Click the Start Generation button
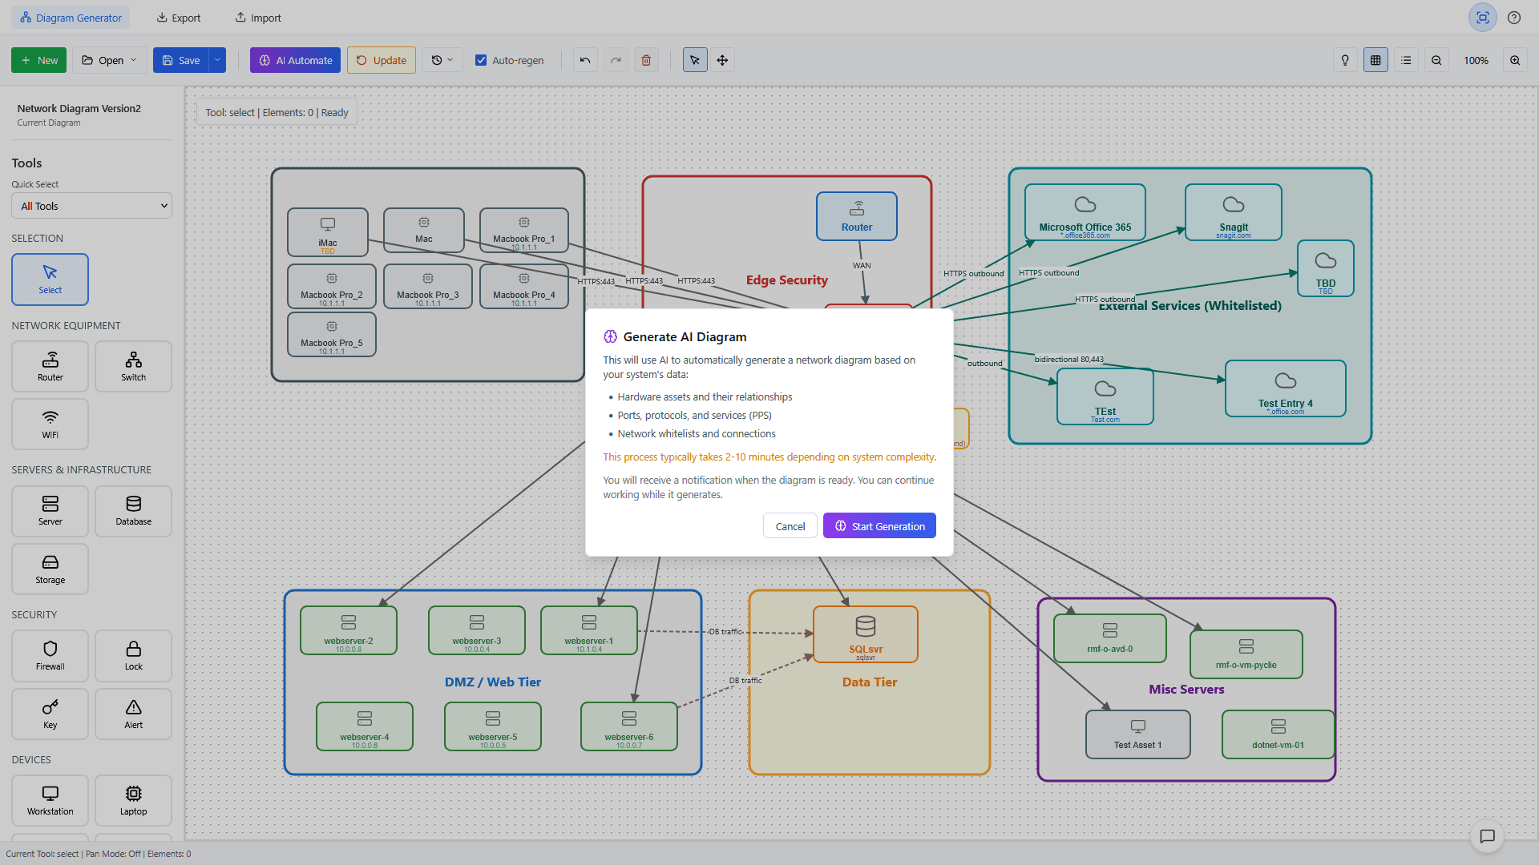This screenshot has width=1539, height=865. (879, 526)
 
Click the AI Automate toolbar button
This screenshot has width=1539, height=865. (295, 60)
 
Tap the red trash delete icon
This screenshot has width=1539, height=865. (646, 60)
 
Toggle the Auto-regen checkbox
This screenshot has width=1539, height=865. (481, 60)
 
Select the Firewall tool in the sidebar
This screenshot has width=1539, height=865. (50, 655)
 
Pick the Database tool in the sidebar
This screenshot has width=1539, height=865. (133, 511)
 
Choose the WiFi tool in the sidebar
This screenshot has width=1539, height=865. (50, 424)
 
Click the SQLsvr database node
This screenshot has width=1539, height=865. (865, 634)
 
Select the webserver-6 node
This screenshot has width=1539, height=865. (628, 726)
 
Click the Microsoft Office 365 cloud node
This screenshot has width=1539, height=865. (1085, 212)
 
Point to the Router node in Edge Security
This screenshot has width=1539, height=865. (856, 216)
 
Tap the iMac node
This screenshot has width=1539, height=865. (327, 231)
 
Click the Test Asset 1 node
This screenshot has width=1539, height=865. (1137, 734)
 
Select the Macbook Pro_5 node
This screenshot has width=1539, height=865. (331, 334)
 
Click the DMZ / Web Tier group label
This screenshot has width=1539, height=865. (492, 682)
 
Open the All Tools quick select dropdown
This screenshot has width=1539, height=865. (91, 206)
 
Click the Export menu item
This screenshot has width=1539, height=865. (178, 18)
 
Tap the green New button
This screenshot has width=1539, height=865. (39, 60)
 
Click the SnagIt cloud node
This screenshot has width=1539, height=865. (1233, 212)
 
